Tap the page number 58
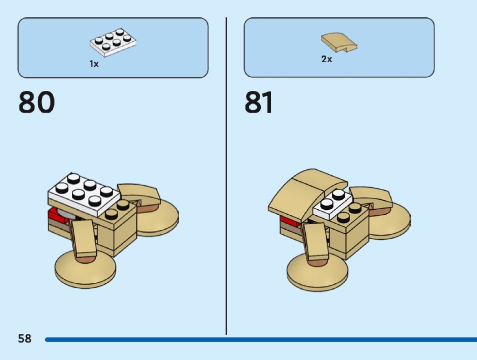[25, 338]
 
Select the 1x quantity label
[94, 64]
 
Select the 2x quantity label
[327, 59]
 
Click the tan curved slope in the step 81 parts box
[338, 42]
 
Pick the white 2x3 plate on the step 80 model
[84, 195]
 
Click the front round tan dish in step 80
[84, 270]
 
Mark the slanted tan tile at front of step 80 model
[83, 238]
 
